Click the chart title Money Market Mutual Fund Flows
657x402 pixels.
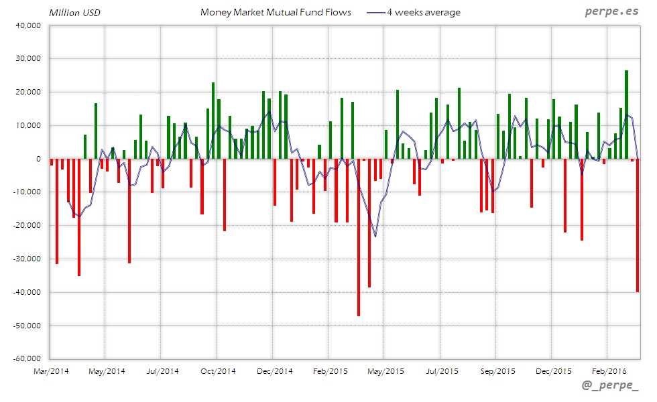pyautogui.click(x=276, y=12)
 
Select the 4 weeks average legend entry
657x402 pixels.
pyautogui.click(x=423, y=12)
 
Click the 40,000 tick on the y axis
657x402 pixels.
pyautogui.click(x=28, y=25)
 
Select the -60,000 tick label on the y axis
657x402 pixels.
pyautogui.click(x=27, y=358)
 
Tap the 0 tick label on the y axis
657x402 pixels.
pyautogui.click(x=40, y=159)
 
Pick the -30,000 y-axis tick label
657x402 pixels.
pyautogui.click(x=27, y=259)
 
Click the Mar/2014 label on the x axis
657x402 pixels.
pyautogui.click(x=50, y=371)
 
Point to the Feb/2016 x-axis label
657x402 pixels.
pyautogui.click(x=607, y=371)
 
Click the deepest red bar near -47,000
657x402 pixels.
pyautogui.click(x=359, y=237)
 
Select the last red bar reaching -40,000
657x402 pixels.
pyautogui.click(x=638, y=225)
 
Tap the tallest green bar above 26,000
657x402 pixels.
pyautogui.click(x=626, y=115)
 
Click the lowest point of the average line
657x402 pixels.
pyautogui.click(x=375, y=237)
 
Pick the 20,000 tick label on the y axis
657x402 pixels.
pyautogui.click(x=28, y=92)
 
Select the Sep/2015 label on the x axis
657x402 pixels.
pyautogui.click(x=497, y=371)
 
